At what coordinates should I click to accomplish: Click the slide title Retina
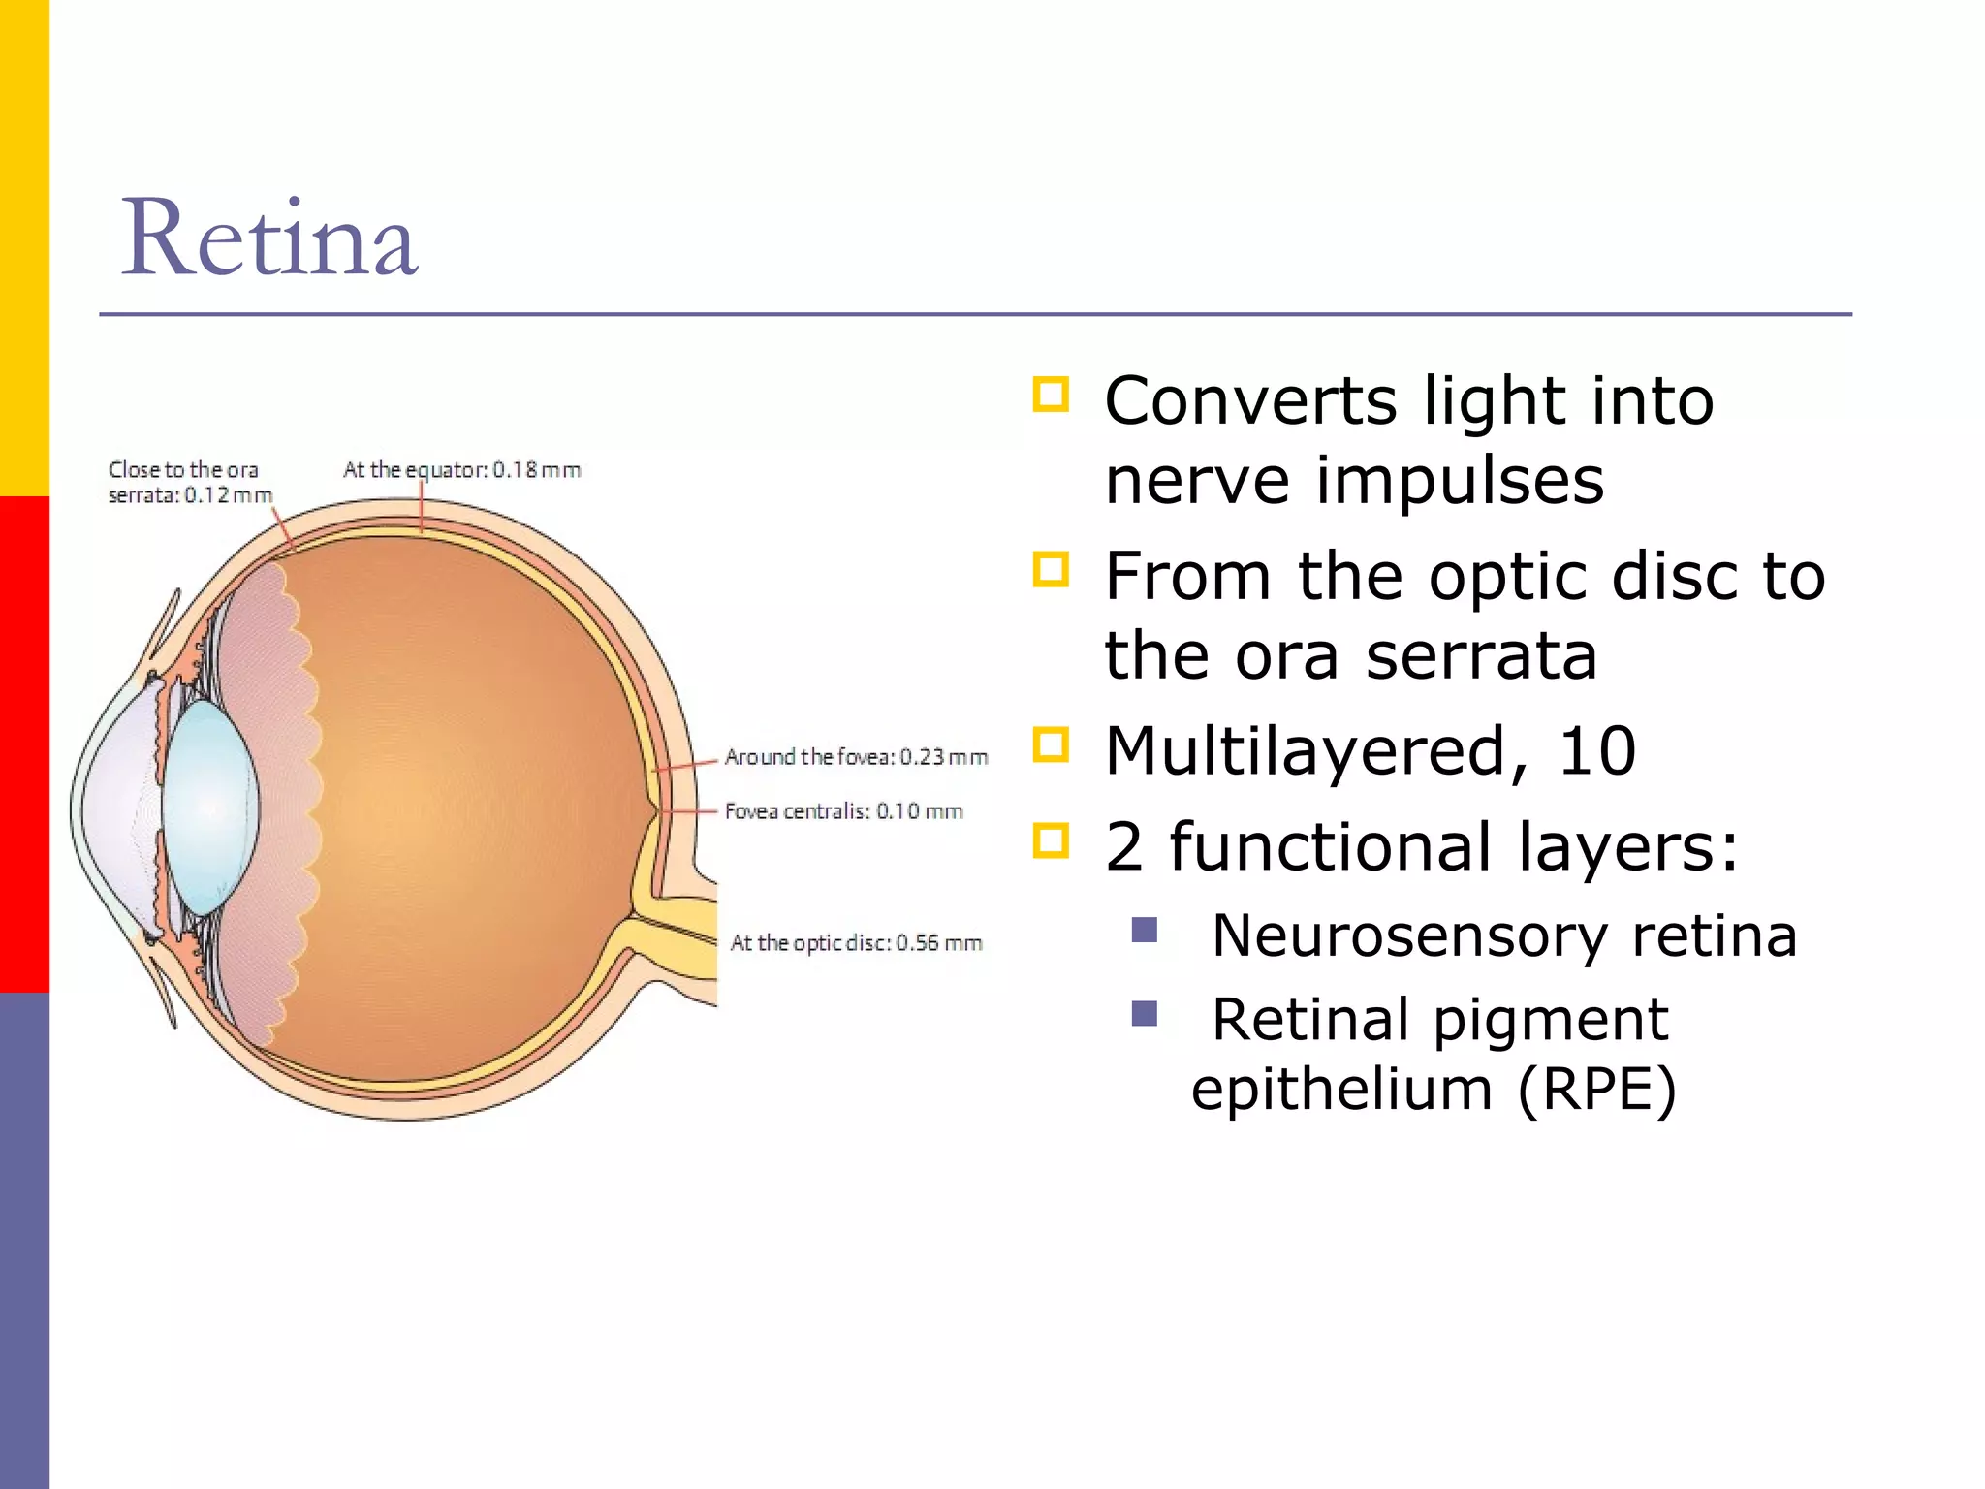pyautogui.click(x=269, y=238)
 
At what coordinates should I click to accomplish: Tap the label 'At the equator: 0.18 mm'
pyautogui.click(x=461, y=470)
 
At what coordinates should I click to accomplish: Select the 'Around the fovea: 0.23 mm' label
pyautogui.click(x=856, y=756)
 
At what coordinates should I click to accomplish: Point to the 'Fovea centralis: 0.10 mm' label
pyautogui.click(x=843, y=810)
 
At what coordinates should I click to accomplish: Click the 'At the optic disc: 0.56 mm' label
pyautogui.click(x=856, y=942)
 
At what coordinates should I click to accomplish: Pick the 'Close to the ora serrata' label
pyautogui.click(x=190, y=482)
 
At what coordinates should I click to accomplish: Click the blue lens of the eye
pyautogui.click(x=209, y=807)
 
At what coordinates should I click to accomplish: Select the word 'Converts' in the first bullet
pyautogui.click(x=1250, y=400)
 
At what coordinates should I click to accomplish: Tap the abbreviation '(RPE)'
pyautogui.click(x=1596, y=1089)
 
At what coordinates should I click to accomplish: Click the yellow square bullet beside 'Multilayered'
pyautogui.click(x=1051, y=744)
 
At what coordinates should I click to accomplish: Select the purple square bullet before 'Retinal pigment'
pyautogui.click(x=1145, y=1014)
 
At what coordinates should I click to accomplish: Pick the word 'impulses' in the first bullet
pyautogui.click(x=1460, y=481)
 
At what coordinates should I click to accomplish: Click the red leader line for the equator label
pyautogui.click(x=422, y=506)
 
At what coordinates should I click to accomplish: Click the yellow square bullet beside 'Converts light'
pyautogui.click(x=1051, y=395)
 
